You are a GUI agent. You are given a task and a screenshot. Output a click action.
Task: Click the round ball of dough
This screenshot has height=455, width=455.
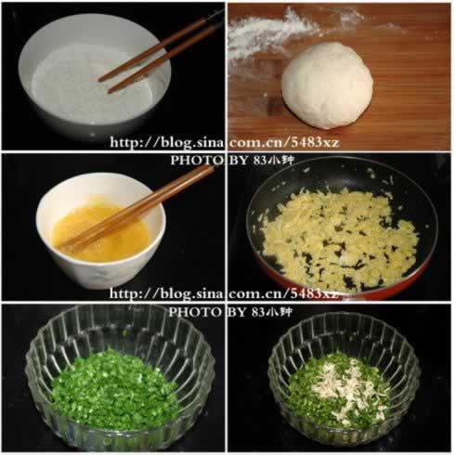327,84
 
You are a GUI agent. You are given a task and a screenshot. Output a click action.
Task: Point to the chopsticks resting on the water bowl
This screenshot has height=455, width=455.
158,55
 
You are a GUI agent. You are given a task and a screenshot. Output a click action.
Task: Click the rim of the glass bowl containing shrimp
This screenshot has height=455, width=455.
344,321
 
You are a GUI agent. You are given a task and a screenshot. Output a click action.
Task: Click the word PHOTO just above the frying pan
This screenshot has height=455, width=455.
191,161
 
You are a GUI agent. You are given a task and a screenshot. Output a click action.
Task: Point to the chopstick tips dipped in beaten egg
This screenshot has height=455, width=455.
74,243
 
